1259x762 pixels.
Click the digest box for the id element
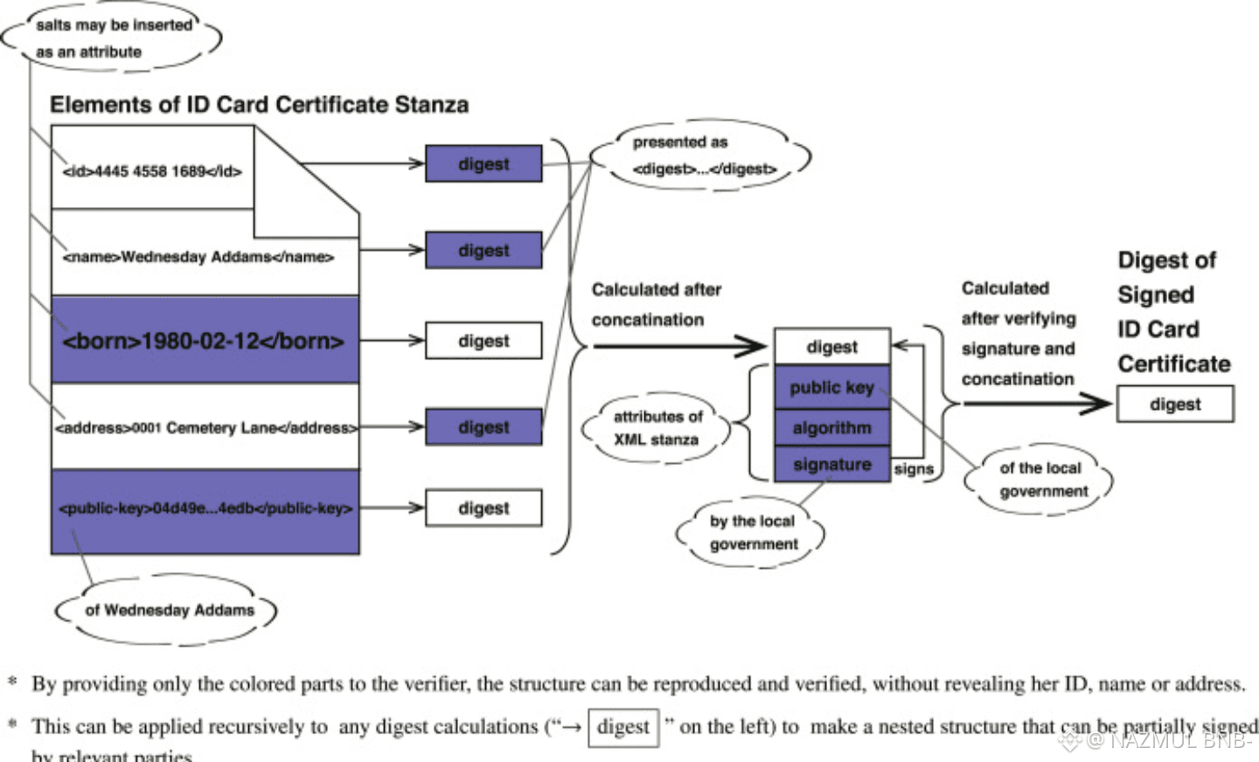(x=483, y=164)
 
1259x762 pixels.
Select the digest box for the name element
(x=483, y=250)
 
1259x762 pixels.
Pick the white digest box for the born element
(x=483, y=341)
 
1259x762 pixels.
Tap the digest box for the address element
(x=483, y=427)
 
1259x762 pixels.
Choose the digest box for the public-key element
(x=483, y=509)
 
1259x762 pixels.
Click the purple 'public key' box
(x=831, y=387)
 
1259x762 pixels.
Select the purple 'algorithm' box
(x=831, y=427)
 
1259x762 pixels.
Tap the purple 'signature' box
(x=831, y=465)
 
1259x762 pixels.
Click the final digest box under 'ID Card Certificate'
(x=1175, y=405)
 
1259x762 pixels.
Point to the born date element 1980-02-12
(x=204, y=341)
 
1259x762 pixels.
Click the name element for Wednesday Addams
(x=198, y=257)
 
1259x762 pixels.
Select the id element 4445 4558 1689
(x=152, y=171)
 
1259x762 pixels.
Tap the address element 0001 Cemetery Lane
(x=205, y=427)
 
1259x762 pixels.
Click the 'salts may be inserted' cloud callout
(x=112, y=38)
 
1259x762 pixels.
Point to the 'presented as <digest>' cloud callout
(x=702, y=156)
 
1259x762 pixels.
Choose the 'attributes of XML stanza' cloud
(x=657, y=428)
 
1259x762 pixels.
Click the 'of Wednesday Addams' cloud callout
(x=169, y=610)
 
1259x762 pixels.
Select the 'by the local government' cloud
(x=752, y=532)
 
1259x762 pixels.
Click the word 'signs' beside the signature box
(x=914, y=469)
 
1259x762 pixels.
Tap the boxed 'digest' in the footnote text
(x=623, y=727)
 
